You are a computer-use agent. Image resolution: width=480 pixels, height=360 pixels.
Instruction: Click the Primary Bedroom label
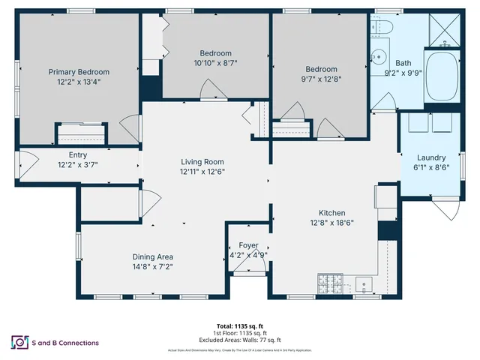click(79, 72)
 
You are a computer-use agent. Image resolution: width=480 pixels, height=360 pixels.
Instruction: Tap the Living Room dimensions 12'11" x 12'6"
click(202, 171)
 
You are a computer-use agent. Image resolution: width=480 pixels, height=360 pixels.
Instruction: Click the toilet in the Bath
click(384, 28)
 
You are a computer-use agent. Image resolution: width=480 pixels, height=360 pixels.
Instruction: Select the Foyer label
click(248, 245)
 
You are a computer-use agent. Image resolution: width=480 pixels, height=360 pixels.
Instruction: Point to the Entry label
click(78, 154)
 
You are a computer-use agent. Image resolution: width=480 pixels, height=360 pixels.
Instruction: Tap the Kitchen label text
click(331, 212)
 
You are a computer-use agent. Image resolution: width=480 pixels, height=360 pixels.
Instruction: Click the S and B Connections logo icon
click(18, 342)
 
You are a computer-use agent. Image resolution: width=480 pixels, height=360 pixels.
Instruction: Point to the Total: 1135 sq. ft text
click(240, 326)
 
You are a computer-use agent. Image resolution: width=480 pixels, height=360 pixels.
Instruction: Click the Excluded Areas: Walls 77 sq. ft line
click(240, 339)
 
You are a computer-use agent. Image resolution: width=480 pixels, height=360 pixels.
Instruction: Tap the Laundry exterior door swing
click(448, 208)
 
